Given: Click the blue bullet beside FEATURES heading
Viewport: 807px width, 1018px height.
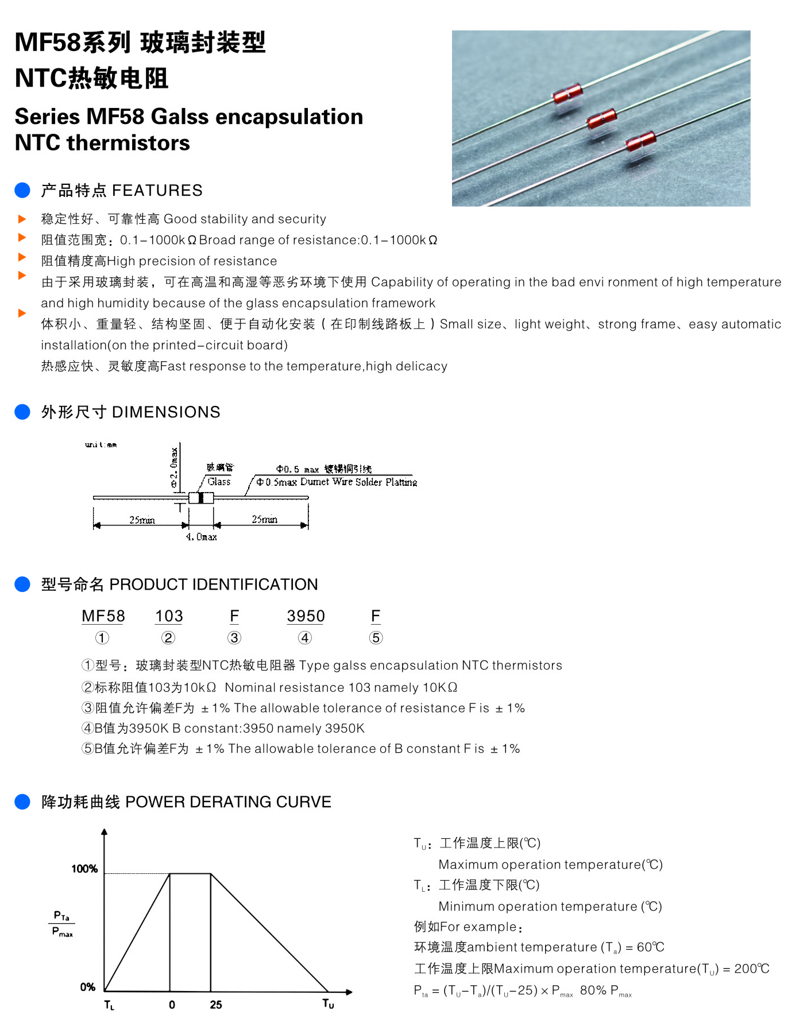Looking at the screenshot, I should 22,190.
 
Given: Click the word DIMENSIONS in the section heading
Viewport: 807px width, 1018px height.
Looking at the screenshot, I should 166,412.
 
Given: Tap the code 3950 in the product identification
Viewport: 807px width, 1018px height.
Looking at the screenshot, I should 306,616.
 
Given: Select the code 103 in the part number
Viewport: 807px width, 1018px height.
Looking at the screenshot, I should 169,616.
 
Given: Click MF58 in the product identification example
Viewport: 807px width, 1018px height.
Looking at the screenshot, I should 103,616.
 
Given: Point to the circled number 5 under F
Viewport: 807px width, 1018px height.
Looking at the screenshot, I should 376,638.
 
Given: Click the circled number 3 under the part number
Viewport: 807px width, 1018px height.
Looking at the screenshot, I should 234,638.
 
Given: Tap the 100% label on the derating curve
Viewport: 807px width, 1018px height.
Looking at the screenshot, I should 84,869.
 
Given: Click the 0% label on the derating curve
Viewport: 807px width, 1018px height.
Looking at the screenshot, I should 88,987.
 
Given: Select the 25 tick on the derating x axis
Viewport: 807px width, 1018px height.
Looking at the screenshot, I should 216,1005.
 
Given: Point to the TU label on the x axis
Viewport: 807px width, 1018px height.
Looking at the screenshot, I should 328,1004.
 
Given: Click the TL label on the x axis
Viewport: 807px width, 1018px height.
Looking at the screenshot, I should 109,1005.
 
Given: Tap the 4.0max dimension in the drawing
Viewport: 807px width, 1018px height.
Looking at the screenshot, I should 202,537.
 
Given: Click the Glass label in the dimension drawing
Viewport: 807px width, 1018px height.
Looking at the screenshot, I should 219,482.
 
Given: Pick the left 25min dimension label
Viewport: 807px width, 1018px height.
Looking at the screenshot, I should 142,520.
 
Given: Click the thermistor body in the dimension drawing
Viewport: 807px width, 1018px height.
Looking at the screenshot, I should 200,498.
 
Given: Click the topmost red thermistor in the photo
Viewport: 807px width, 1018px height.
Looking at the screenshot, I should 567,94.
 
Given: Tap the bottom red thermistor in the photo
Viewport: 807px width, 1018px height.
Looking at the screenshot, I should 640,141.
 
